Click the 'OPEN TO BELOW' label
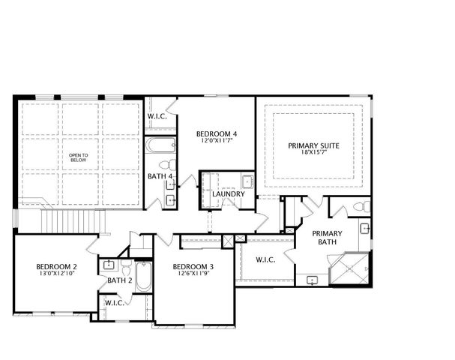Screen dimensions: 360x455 pos(79,157)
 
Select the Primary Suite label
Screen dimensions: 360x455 pos(314,145)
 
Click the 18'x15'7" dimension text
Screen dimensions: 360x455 pos(314,153)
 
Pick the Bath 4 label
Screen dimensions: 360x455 pos(160,177)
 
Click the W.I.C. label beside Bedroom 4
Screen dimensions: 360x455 pos(157,116)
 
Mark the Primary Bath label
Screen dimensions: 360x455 pos(327,238)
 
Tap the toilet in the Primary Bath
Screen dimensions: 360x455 pos(361,206)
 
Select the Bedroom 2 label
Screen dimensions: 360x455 pos(57,267)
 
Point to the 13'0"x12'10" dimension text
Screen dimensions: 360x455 pos(57,274)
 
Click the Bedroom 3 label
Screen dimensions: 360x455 pos(193,267)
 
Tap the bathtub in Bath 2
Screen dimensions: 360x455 pos(144,278)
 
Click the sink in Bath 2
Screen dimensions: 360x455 pos(109,264)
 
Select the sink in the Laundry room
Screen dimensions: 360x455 pos(246,181)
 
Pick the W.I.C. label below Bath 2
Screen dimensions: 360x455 pos(115,303)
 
